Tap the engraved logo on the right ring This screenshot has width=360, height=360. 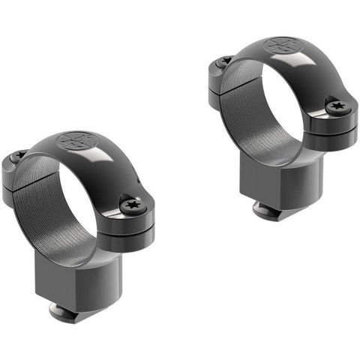(280, 46)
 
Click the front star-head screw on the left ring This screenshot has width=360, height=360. (133, 203)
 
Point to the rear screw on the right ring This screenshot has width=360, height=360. (225, 61)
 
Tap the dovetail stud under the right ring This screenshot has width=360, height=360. (268, 210)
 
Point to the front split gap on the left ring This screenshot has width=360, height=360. (131, 221)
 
